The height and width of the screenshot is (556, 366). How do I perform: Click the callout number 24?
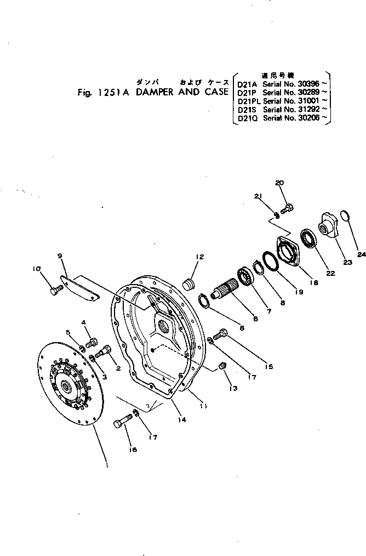pos(359,254)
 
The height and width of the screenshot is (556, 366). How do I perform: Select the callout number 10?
pos(36,269)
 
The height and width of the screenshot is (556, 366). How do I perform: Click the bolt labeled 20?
pos(287,208)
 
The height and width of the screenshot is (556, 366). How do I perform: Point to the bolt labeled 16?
pos(122,423)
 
